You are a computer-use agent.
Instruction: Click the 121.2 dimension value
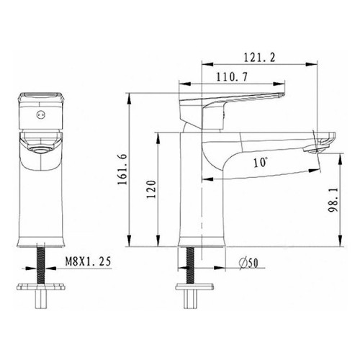[x=259, y=58]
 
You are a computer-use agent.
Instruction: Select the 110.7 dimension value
[x=232, y=77]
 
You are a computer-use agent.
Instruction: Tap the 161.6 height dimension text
[x=122, y=169]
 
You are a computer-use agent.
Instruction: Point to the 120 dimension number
[x=152, y=189]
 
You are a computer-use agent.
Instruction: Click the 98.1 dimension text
[x=333, y=199]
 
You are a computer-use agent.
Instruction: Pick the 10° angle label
[x=261, y=163]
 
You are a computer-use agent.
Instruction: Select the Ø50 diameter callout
[x=248, y=264]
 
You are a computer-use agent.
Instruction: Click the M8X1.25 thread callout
[x=89, y=261]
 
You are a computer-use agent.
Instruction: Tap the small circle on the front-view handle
[x=40, y=114]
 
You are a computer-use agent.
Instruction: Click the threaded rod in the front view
[x=41, y=264]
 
